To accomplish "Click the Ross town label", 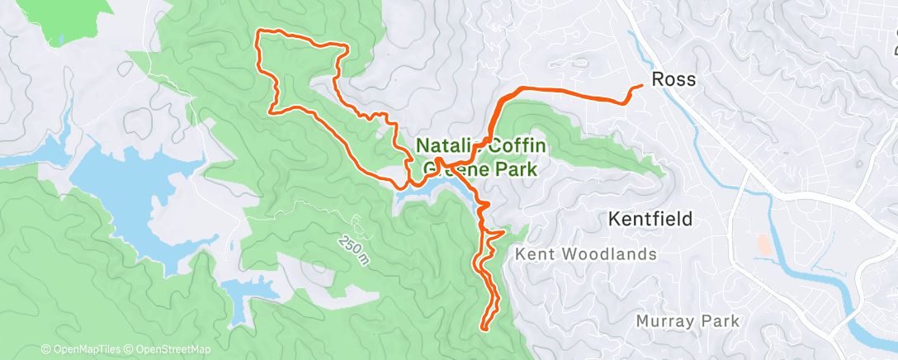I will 673,80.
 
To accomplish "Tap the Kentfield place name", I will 649,220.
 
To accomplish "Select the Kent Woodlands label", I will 585,254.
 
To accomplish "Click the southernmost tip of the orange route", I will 483,329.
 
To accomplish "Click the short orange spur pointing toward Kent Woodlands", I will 502,234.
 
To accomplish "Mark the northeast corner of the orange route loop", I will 343,48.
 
